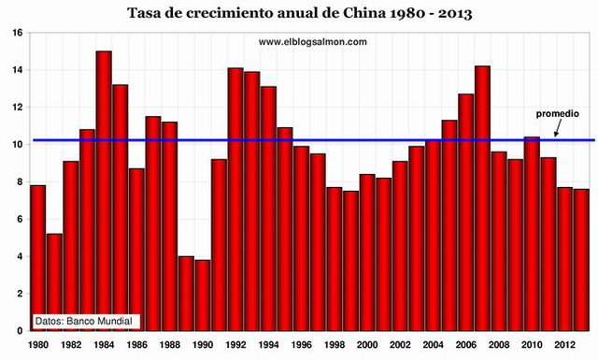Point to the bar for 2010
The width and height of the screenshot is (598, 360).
coord(532,234)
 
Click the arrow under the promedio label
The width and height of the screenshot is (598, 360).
coord(554,129)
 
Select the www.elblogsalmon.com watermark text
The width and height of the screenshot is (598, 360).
coord(312,41)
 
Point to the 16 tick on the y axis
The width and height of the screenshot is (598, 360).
coord(18,33)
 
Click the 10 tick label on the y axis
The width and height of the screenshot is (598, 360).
coord(18,145)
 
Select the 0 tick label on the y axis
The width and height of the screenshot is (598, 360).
coord(21,331)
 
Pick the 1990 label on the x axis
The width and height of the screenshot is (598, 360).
coord(202,345)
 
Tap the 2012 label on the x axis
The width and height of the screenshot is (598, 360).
coord(564,345)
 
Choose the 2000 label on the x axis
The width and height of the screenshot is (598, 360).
coord(366,345)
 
